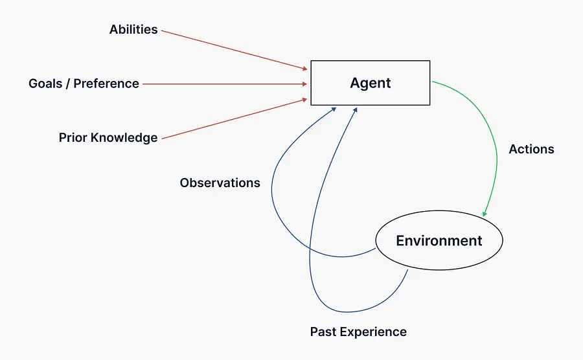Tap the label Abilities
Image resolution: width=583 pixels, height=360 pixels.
133,30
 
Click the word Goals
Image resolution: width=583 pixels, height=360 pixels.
46,84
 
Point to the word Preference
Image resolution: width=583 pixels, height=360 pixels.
106,84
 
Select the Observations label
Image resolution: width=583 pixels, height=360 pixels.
220,183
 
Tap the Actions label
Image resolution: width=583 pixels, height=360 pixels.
531,149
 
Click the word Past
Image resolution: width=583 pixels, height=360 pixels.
323,332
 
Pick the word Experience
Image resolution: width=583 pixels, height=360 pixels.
372,332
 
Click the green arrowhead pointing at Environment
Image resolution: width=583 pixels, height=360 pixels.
485,214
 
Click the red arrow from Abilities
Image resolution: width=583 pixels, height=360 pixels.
233,49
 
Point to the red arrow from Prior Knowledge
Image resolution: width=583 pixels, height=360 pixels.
233,118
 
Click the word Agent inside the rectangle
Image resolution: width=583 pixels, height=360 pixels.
371,83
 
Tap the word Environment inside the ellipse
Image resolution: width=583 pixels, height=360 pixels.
439,241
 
